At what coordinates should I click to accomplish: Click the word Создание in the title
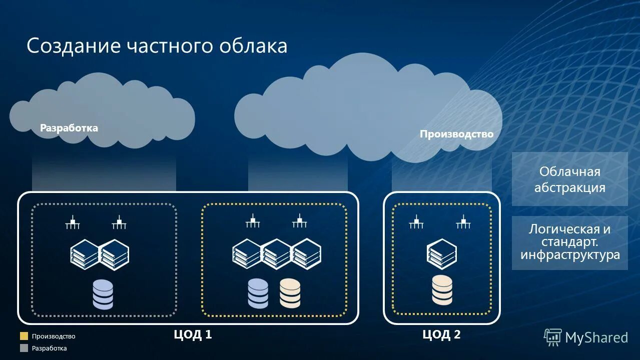point(74,46)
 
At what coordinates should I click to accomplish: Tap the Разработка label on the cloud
point(69,128)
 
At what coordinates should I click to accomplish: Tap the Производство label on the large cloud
point(456,134)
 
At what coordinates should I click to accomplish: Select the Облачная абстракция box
point(569,179)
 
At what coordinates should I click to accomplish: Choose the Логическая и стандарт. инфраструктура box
point(569,242)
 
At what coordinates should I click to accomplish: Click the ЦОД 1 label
point(193,334)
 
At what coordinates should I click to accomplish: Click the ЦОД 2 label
point(441,334)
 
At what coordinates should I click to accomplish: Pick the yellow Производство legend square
point(24,336)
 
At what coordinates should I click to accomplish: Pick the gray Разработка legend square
point(24,348)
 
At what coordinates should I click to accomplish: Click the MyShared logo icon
point(553,337)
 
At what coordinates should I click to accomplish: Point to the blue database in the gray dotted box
point(103,294)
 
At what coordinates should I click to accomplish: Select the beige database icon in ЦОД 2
point(442,290)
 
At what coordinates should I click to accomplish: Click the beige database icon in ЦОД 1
point(290,293)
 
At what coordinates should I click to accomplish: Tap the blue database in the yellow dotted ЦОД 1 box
point(258,293)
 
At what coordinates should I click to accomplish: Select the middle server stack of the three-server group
point(277,254)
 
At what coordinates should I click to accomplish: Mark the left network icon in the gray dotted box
point(73,222)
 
